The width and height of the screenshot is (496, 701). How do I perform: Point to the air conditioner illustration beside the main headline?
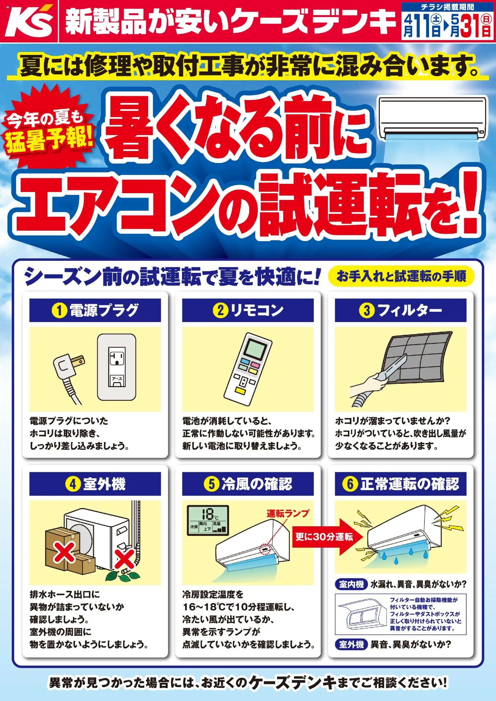432,118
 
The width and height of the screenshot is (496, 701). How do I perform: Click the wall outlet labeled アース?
116,367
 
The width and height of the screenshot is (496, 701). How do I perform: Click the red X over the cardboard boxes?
64,552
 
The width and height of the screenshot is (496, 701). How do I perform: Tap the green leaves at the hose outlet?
120,576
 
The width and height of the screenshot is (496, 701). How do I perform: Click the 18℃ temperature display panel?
208,520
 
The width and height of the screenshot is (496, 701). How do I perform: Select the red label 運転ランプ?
288,513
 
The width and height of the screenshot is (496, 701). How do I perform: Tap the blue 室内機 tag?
351,585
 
